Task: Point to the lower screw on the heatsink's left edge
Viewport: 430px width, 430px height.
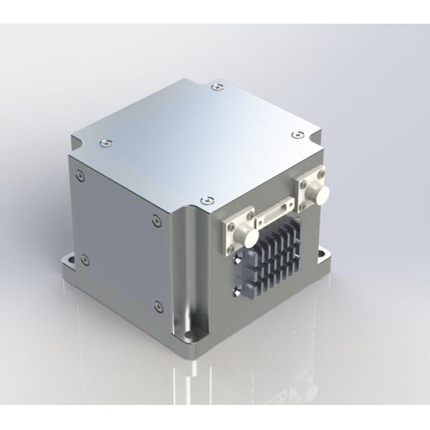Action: (236, 290)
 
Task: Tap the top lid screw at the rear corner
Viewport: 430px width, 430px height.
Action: (217, 87)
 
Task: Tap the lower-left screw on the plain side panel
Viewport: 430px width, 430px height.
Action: (85, 257)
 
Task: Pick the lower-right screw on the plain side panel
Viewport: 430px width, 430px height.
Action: (157, 306)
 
